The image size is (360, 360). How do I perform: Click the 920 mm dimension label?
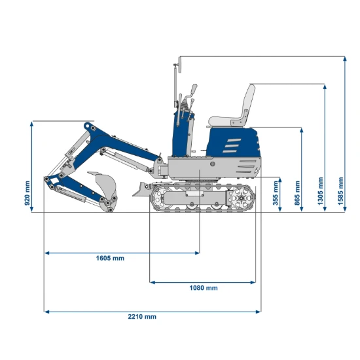click(27, 193)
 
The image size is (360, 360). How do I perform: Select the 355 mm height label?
click(276, 193)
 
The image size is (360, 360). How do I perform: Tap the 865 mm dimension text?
click(297, 193)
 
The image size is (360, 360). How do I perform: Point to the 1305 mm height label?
click(320, 190)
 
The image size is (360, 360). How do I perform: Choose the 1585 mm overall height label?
click(340, 190)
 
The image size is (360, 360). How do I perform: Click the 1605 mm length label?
click(110, 259)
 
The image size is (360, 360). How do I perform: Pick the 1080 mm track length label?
click(204, 288)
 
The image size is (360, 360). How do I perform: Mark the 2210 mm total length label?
click(142, 317)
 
